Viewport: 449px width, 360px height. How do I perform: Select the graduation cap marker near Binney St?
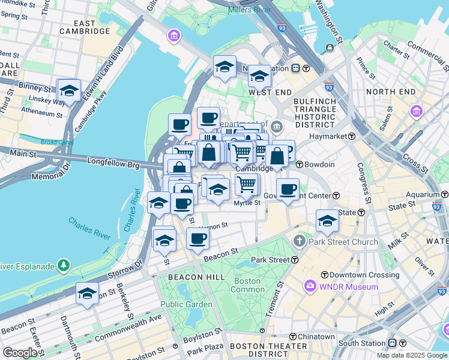click(69, 91)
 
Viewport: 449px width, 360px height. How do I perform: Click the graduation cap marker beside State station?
click(327, 221)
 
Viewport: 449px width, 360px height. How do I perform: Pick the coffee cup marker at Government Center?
click(288, 189)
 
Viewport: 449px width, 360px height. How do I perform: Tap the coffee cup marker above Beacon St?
click(197, 239)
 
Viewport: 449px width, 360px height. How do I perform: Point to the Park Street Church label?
click(343, 242)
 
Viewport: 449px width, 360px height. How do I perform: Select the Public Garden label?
click(186, 304)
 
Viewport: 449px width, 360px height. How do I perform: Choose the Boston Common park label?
click(247, 285)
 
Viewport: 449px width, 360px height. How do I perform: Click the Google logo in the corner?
click(20, 353)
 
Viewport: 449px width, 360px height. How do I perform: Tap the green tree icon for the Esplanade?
click(63, 265)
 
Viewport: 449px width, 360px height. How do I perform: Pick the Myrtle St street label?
click(247, 203)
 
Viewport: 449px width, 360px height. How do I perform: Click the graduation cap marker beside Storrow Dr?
click(88, 293)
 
